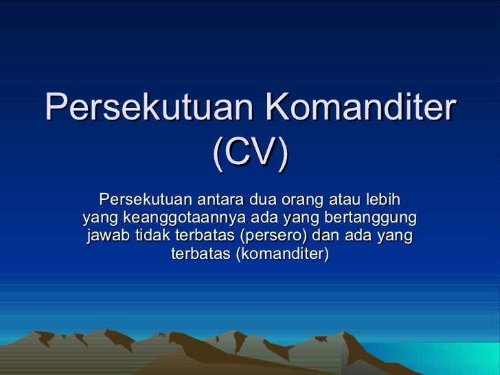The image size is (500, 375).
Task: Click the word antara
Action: (x=222, y=200)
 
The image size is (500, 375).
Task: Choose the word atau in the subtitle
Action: (x=343, y=200)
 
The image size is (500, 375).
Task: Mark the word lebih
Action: (x=384, y=200)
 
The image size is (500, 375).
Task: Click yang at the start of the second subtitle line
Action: (x=100, y=219)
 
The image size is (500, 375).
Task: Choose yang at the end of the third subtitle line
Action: (x=396, y=237)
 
